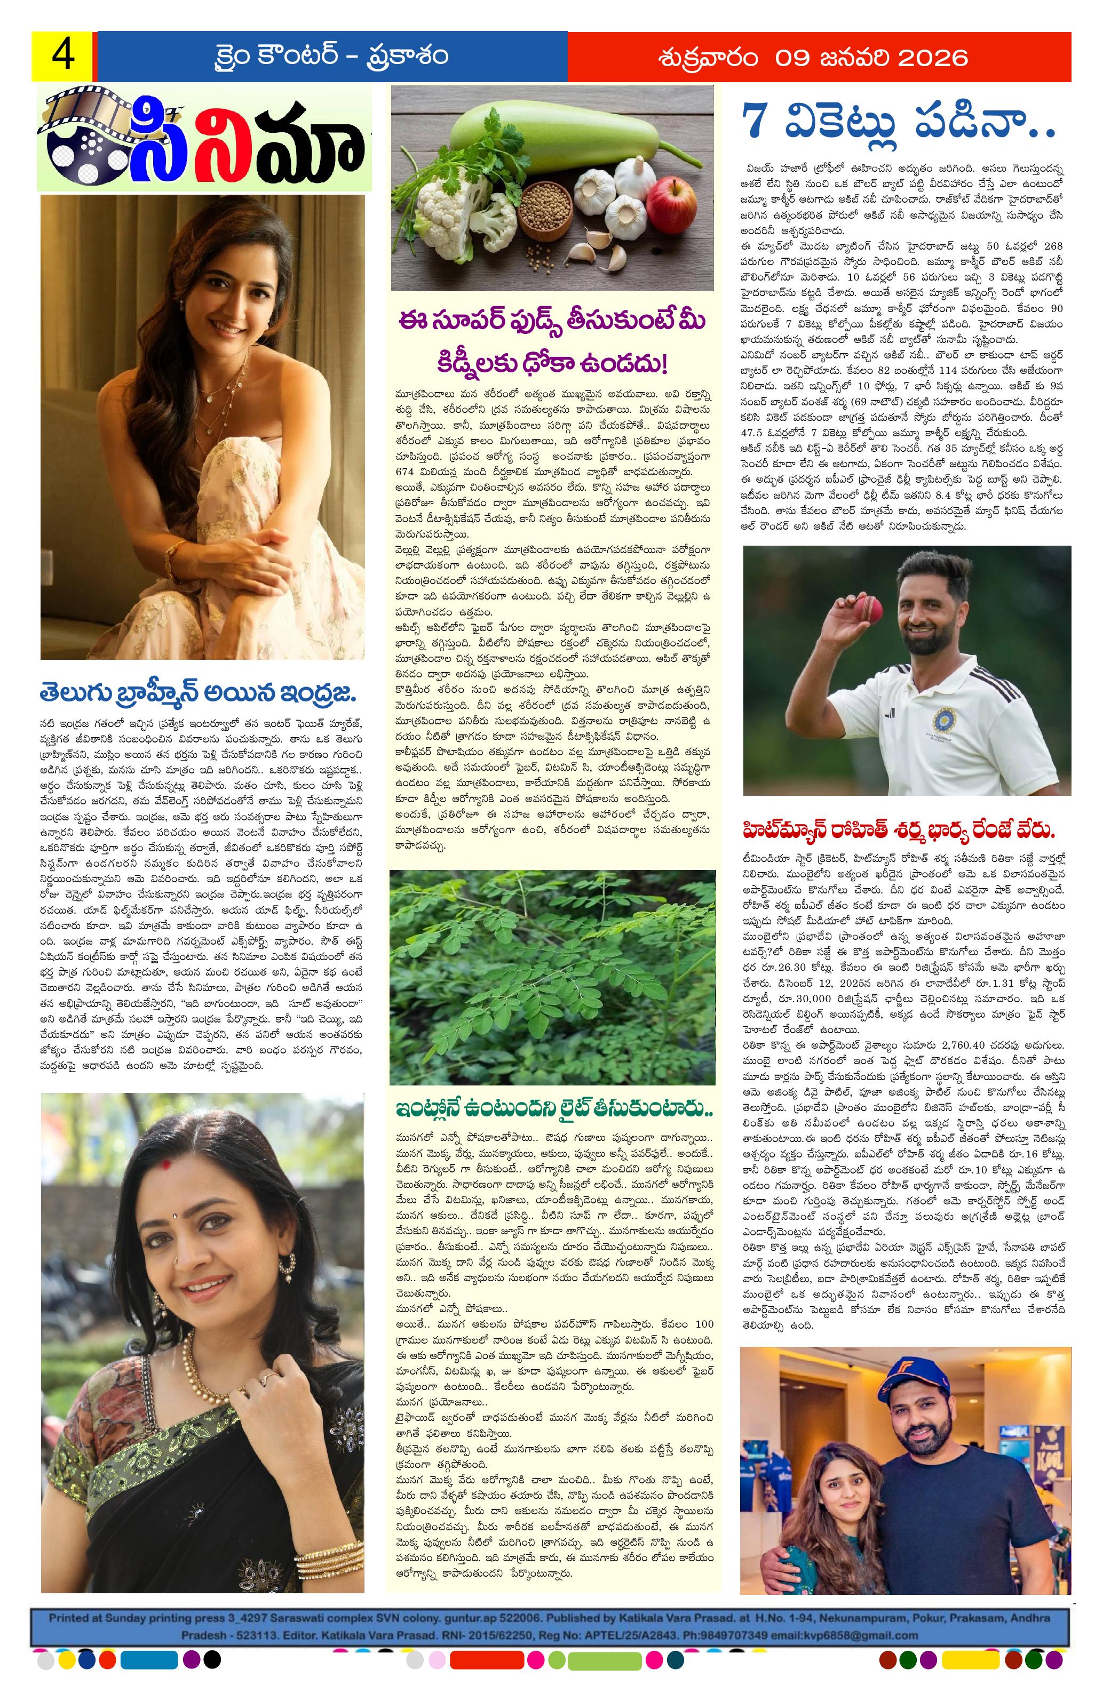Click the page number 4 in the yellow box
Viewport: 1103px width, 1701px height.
[61, 57]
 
